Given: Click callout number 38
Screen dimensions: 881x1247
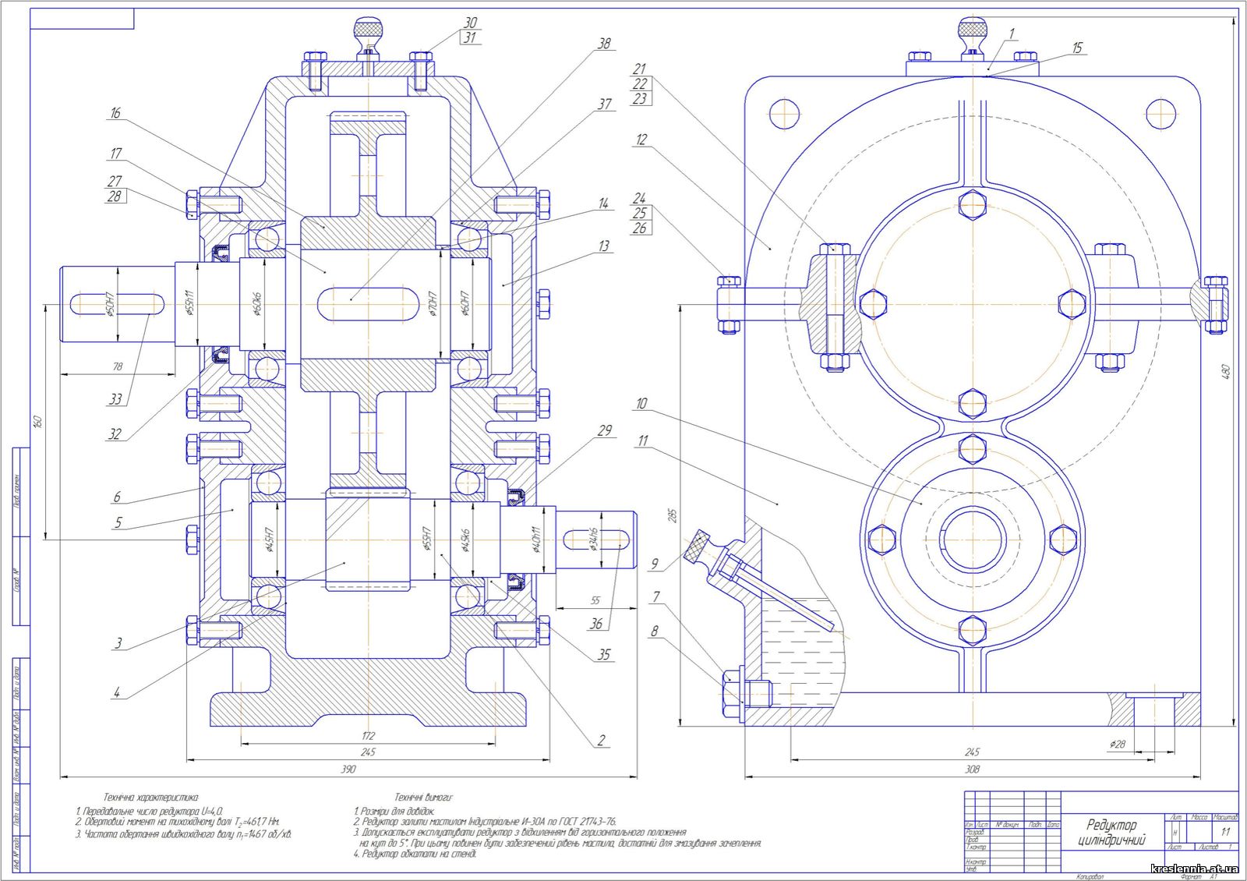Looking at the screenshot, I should (604, 44).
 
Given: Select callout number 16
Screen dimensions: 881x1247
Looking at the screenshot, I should (115, 113).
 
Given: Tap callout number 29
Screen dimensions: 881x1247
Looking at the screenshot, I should (605, 430).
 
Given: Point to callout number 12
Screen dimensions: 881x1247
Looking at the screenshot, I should (641, 140).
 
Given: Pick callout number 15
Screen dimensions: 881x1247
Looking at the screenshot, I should (1077, 48).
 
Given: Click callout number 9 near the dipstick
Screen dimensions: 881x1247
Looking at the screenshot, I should (655, 564).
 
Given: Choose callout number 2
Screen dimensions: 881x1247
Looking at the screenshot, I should (601, 741).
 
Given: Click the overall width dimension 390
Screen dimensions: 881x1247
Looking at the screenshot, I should (348, 769).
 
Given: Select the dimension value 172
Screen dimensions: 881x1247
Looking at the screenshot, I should (369, 735).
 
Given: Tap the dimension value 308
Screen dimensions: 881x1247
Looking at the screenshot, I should (972, 769).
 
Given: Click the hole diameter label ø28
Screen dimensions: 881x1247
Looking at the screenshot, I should (1117, 745).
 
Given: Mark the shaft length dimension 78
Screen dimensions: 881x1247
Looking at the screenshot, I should (118, 366).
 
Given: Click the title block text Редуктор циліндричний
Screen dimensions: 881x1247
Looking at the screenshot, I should (1112, 832).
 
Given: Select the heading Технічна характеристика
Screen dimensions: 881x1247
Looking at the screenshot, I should (151, 798).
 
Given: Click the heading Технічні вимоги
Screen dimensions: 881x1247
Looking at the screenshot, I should (423, 798).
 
